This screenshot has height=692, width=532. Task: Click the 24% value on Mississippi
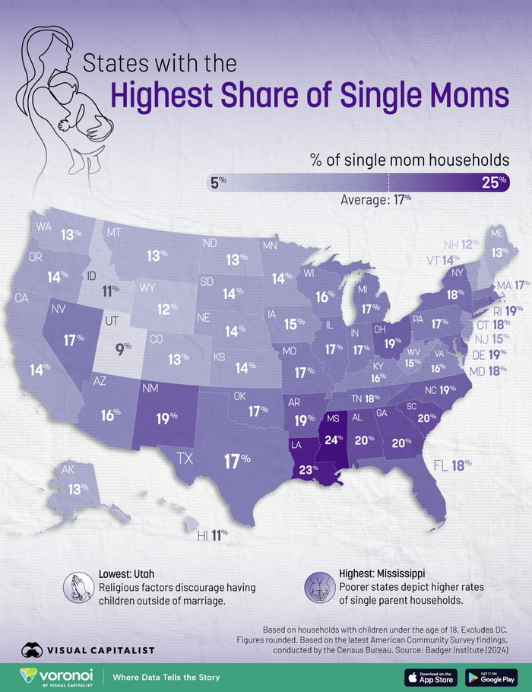(x=333, y=440)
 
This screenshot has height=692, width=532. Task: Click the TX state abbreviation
(x=184, y=458)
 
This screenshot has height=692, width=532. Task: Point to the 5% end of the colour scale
(x=219, y=182)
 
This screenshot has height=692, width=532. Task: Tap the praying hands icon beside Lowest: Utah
(x=77, y=586)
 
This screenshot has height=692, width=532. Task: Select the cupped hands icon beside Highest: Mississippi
(x=315, y=587)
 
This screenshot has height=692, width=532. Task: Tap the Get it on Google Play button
(x=491, y=677)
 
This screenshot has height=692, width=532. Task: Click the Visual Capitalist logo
(x=87, y=650)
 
